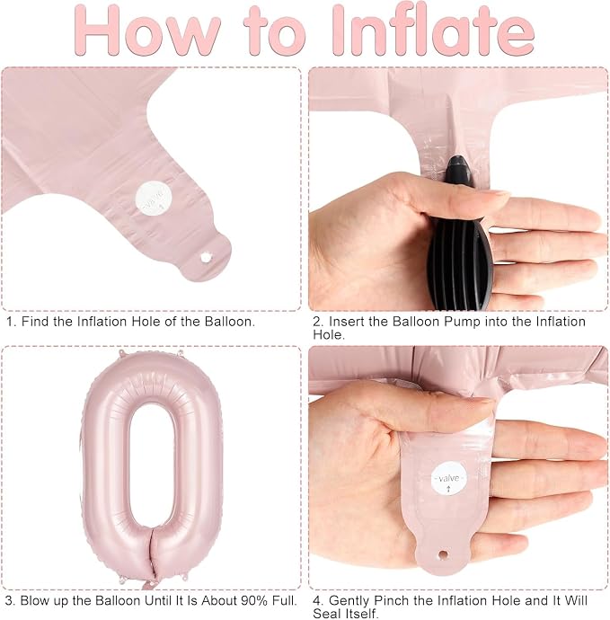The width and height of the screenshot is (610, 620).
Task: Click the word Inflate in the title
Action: tap(433, 30)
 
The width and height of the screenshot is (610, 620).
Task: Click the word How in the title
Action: tap(147, 30)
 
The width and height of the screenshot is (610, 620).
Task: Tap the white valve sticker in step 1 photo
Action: tap(154, 198)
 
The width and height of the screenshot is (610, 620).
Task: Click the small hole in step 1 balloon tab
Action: tap(206, 258)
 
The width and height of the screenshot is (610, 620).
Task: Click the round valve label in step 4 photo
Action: tap(448, 479)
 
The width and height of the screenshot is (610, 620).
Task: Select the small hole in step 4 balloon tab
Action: tap(443, 554)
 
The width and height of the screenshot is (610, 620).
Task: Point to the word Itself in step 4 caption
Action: tap(362, 614)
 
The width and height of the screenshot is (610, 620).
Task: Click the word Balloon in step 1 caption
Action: tap(228, 322)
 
